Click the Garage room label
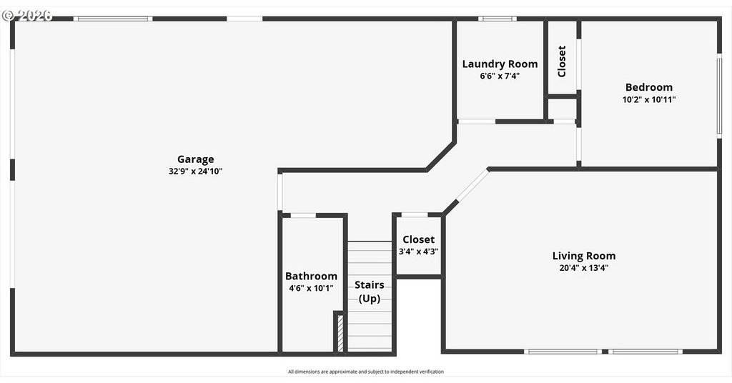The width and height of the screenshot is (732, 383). click(x=196, y=159)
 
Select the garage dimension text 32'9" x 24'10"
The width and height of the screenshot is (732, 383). click(x=196, y=171)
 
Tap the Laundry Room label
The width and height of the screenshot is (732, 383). click(x=500, y=64)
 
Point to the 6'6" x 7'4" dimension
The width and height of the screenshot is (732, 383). click(x=500, y=76)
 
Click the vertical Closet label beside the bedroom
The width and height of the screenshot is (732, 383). click(x=562, y=61)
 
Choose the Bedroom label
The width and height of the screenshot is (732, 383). click(x=649, y=87)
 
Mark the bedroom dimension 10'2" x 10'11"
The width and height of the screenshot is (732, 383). click(x=649, y=99)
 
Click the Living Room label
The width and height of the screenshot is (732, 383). click(x=584, y=256)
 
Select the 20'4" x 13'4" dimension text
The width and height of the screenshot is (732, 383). click(x=584, y=268)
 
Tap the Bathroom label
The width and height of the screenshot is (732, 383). click(x=312, y=276)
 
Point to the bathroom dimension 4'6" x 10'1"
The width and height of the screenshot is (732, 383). click(x=312, y=288)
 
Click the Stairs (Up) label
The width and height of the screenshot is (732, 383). click(x=370, y=291)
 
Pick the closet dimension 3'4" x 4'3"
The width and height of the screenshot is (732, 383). click(x=418, y=252)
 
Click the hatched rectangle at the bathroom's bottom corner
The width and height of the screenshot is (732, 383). click(x=340, y=333)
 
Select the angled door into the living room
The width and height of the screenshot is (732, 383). click(x=473, y=186)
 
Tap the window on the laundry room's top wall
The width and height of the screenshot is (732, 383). click(x=498, y=19)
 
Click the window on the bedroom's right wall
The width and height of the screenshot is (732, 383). click(x=719, y=96)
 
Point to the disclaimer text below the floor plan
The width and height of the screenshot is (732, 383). click(x=366, y=372)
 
